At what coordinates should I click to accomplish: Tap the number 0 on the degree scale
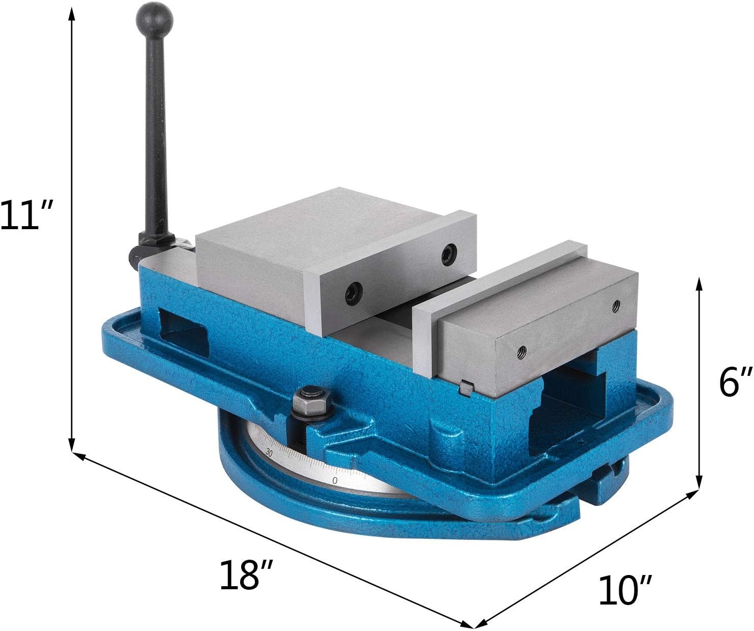point(334,481)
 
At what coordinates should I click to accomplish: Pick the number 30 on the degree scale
point(268,452)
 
